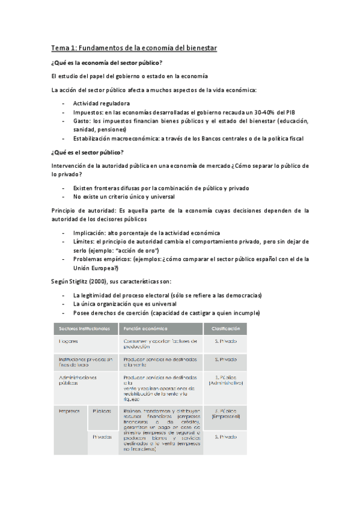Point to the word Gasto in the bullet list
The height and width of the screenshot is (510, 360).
click(x=82, y=120)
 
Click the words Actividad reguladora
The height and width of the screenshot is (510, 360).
click(x=101, y=103)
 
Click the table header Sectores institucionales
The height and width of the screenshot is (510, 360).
click(x=85, y=328)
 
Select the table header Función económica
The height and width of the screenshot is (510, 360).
click(x=145, y=328)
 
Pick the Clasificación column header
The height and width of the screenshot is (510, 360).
click(x=225, y=328)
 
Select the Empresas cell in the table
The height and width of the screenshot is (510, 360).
click(x=70, y=411)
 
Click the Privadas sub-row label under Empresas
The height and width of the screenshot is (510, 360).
click(x=102, y=437)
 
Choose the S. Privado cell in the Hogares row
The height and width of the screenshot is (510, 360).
click(x=225, y=341)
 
